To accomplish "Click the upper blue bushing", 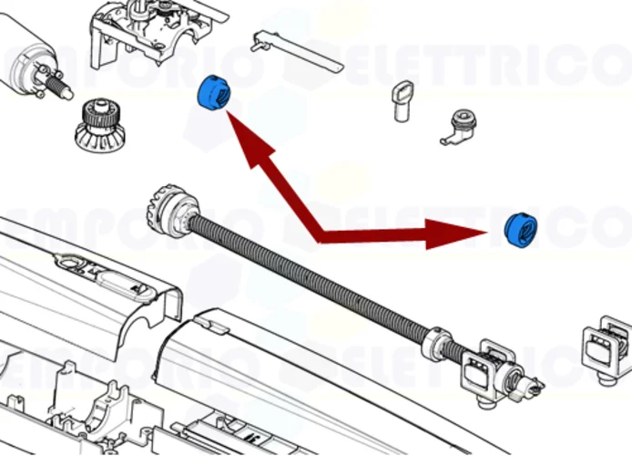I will point(214,92).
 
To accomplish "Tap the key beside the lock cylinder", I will point(402,98).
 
